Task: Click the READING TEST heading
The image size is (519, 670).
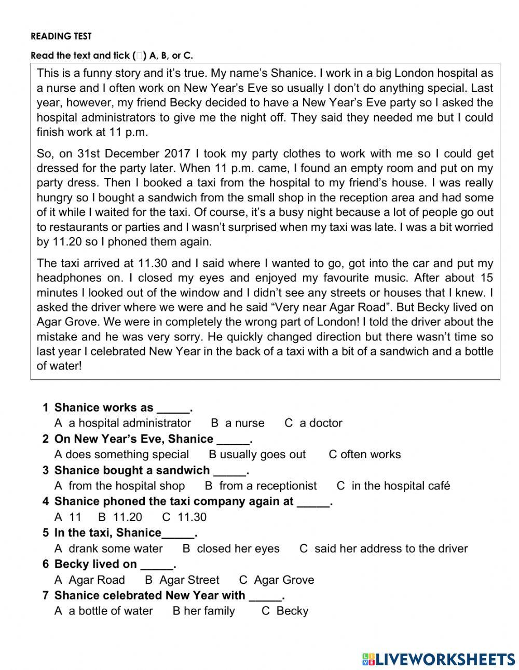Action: point(61,36)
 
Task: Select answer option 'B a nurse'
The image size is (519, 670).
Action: point(238,423)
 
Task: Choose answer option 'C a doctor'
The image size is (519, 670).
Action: point(313,423)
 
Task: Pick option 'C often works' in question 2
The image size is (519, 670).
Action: point(364,455)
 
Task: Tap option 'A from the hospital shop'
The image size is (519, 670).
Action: point(119,486)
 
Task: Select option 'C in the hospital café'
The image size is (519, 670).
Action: point(393,486)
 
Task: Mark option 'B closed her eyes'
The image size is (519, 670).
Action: point(231,549)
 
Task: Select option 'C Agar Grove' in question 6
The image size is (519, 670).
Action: point(277,580)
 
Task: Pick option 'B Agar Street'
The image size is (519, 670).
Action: point(182,580)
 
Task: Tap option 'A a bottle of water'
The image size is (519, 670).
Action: point(104,611)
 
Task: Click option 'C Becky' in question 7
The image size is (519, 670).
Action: point(285,611)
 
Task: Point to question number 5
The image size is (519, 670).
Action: point(46,533)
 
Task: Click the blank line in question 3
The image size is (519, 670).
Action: point(229,471)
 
